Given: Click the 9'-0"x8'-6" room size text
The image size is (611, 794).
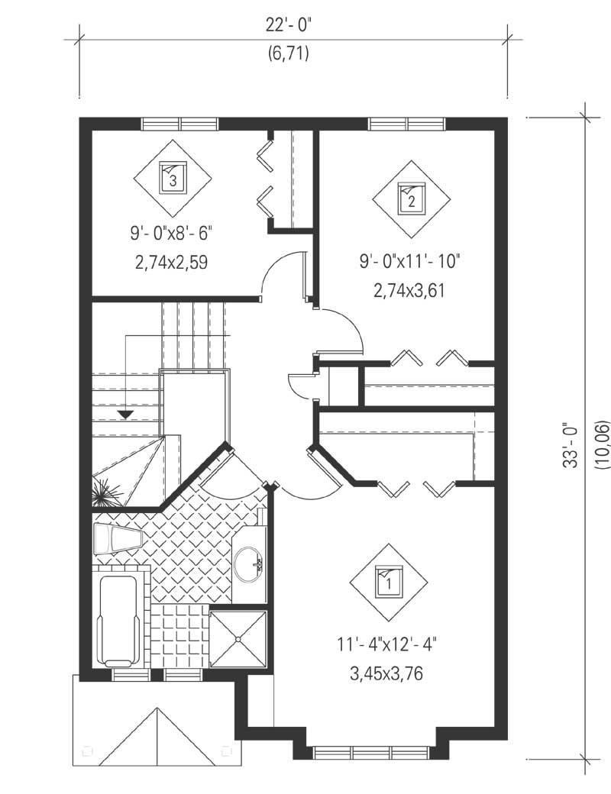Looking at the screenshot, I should (173, 232).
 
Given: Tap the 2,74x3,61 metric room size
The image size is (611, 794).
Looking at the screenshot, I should (409, 290).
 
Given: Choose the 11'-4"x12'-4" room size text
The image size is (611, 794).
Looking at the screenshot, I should (387, 645).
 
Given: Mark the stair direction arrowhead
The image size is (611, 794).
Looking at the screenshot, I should (125, 415).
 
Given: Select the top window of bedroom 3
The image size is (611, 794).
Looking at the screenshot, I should (179, 124).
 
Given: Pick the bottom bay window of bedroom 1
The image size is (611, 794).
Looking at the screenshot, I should (372, 752).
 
